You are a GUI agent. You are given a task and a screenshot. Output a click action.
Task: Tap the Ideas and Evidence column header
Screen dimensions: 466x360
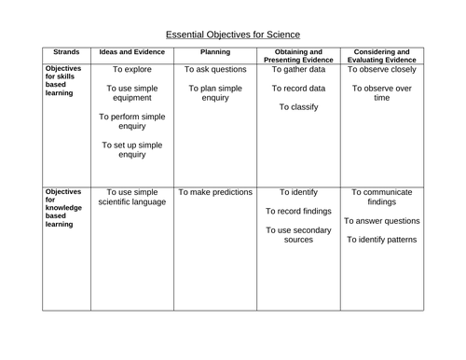(131, 53)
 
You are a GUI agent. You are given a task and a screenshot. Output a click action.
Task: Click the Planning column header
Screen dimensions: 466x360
(215, 53)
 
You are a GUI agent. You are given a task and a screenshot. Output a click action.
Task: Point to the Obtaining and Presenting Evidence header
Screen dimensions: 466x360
(299, 56)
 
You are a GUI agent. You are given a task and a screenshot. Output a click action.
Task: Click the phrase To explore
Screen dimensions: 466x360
(131, 69)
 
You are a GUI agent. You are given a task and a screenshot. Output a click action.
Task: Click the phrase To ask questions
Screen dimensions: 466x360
(215, 69)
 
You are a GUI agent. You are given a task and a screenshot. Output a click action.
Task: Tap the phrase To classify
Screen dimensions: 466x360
(299, 107)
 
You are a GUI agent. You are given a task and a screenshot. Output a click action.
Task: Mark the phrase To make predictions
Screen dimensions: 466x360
(215, 193)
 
